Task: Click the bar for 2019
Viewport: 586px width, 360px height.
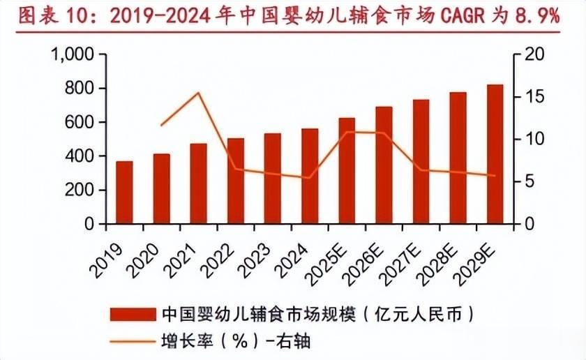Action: point(124,193)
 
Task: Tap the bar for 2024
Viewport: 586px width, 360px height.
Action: point(310,177)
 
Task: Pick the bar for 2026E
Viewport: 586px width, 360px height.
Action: point(384,165)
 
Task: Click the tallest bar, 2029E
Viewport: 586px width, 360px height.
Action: point(495,154)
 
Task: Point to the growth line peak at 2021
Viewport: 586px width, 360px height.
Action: point(199,93)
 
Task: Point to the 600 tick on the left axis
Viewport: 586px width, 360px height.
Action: point(80,122)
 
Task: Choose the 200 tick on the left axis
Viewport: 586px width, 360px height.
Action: point(80,190)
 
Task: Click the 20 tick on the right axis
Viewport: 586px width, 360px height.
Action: point(532,54)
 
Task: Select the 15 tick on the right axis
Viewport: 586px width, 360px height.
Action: point(532,97)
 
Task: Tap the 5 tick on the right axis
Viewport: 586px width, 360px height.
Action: point(529,181)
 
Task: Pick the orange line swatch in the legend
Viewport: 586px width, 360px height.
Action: point(132,341)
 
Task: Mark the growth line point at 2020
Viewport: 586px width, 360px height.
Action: point(162,125)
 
